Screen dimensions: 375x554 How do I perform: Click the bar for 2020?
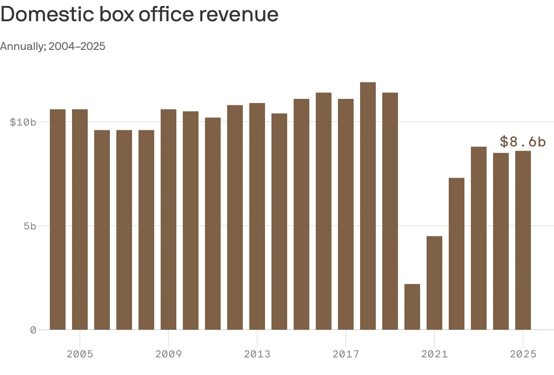(412, 307)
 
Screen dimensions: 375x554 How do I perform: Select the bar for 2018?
(368, 206)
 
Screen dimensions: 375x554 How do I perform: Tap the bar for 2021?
(434, 283)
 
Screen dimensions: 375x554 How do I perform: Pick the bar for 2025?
(523, 240)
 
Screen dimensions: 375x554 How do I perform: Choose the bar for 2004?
(58, 219)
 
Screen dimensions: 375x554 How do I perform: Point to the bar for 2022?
(457, 254)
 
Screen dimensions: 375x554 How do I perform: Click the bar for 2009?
(169, 219)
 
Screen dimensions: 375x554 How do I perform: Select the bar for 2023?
(479, 238)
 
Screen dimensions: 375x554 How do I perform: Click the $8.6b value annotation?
(523, 142)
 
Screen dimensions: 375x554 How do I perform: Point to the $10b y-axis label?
(23, 122)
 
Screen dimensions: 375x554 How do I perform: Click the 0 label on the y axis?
(33, 330)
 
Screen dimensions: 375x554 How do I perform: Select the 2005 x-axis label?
(80, 354)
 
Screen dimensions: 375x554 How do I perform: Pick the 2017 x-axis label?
(346, 354)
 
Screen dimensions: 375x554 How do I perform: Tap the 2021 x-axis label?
(434, 354)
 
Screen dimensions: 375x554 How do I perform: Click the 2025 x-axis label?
(523, 354)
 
